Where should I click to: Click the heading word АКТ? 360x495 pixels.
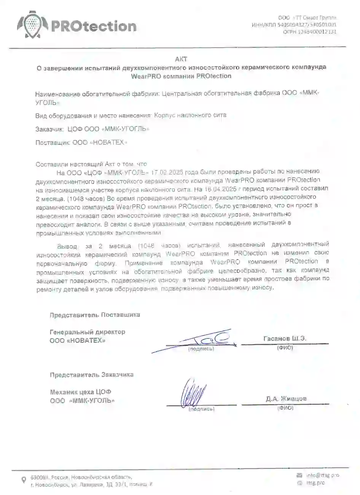click(x=181, y=59)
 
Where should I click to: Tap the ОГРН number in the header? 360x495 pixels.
click(x=309, y=32)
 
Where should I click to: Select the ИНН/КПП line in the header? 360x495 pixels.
click(x=294, y=25)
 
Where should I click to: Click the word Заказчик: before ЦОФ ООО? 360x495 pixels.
click(x=49, y=129)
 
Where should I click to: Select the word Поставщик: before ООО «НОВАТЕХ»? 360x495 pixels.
click(x=52, y=143)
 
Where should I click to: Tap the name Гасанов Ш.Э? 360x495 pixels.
click(x=285, y=338)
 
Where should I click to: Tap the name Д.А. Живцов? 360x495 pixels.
click(x=286, y=399)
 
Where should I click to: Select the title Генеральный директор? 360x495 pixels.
click(x=87, y=332)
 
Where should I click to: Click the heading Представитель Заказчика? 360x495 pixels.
click(x=91, y=375)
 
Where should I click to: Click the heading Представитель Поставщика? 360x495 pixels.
click(x=94, y=315)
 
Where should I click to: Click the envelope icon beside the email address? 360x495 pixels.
click(x=299, y=475)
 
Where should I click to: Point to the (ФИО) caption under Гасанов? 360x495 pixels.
click(x=285, y=348)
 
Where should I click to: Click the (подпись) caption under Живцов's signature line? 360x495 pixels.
click(x=202, y=409)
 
